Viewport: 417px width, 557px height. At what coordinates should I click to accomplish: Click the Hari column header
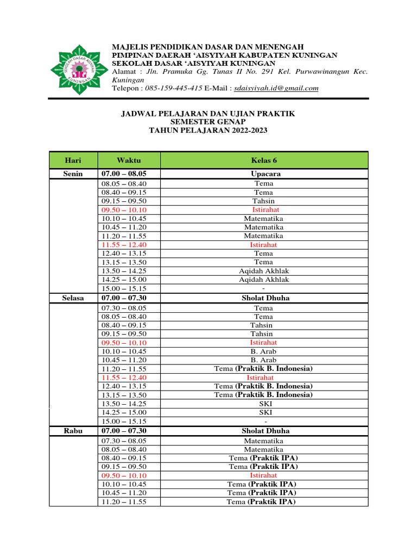[73, 160]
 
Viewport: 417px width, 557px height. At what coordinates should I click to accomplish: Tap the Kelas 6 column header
[264, 160]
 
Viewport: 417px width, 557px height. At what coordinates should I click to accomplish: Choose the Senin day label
[73, 174]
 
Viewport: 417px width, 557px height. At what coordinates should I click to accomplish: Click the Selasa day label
[73, 298]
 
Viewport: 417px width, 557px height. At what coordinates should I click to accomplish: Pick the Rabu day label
[73, 431]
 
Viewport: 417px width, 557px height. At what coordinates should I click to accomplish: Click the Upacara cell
[264, 174]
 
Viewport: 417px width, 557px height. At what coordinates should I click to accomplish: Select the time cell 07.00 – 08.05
[124, 174]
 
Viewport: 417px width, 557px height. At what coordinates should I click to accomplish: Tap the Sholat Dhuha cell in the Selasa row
[264, 298]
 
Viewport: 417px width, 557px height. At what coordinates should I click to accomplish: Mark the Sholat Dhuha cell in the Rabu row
[264, 431]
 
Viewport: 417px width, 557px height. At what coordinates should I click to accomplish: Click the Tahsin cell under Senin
[264, 201]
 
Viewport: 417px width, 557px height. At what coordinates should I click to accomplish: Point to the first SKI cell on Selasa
[264, 404]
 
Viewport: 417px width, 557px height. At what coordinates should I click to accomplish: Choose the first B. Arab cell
[264, 351]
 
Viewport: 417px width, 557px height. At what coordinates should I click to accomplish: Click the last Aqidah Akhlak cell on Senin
[264, 280]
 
